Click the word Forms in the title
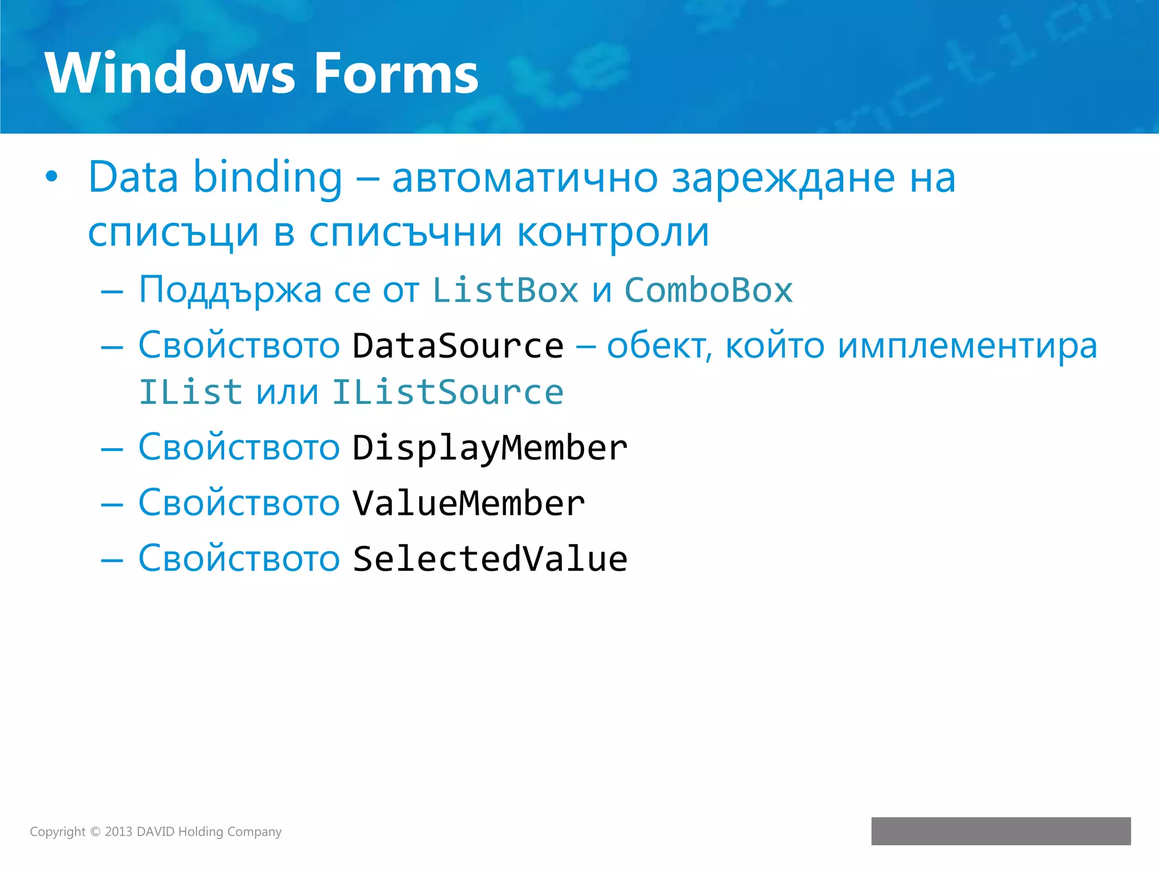pos(396,73)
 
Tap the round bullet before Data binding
pos(51,177)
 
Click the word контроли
pos(613,233)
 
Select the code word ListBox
pos(505,291)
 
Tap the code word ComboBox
pos(708,291)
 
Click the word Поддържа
pos(230,291)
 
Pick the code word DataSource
pos(458,346)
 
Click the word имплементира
pos(967,346)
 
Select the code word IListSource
pos(448,393)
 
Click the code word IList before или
pos(191,393)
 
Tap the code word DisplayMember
pos(490,448)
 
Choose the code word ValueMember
pos(469,504)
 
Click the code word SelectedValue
pos(490,559)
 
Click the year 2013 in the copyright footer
pos(118,832)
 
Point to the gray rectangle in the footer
pos(1001,831)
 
